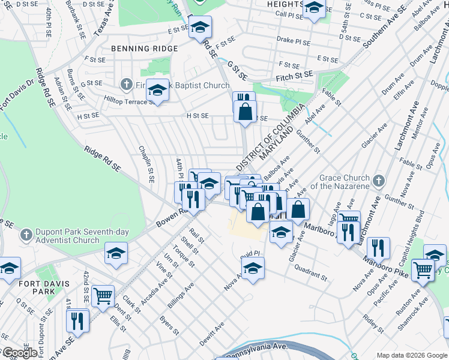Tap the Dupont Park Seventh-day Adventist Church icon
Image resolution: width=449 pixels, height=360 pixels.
pos(26,235)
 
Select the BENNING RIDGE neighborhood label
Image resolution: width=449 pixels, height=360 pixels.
pos(143,48)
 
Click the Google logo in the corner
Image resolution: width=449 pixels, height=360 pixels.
pos(19,353)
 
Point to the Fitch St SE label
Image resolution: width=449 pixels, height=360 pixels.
pos(295,75)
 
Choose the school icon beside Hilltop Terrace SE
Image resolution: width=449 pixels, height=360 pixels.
pos(157,91)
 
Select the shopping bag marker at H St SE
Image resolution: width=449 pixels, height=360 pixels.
pos(245,112)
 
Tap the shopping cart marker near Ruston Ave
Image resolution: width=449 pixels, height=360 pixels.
pos(423,270)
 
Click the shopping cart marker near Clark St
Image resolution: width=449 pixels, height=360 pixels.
pos(103,296)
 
